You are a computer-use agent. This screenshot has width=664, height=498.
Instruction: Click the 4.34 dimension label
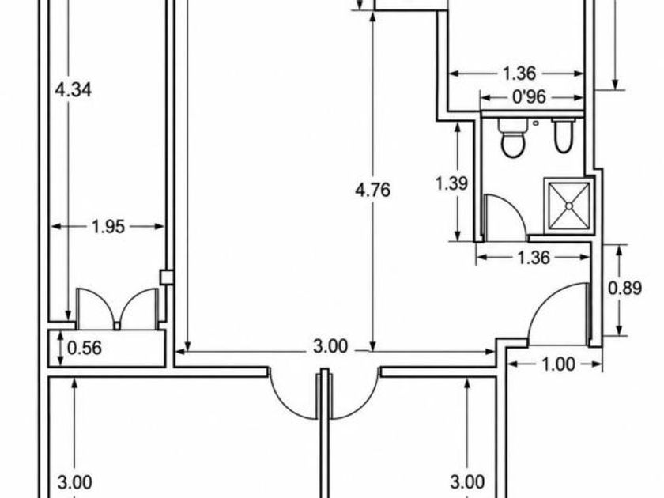pos(74,90)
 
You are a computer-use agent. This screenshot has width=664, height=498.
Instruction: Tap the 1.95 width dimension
pos(108,227)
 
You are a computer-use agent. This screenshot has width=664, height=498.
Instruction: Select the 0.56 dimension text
pos(85,348)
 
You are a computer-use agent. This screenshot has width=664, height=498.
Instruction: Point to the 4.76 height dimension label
pos(372,191)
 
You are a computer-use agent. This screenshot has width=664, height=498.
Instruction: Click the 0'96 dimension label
pos(530,97)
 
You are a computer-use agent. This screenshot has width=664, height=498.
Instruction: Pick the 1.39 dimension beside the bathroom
pos(452,183)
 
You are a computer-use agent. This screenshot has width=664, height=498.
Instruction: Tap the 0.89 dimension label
pos(625,289)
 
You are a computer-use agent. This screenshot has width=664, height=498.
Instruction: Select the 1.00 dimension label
pos(558,364)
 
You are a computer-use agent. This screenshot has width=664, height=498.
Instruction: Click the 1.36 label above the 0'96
pos(519,74)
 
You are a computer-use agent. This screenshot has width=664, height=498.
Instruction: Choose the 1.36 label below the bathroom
pos(534,258)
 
